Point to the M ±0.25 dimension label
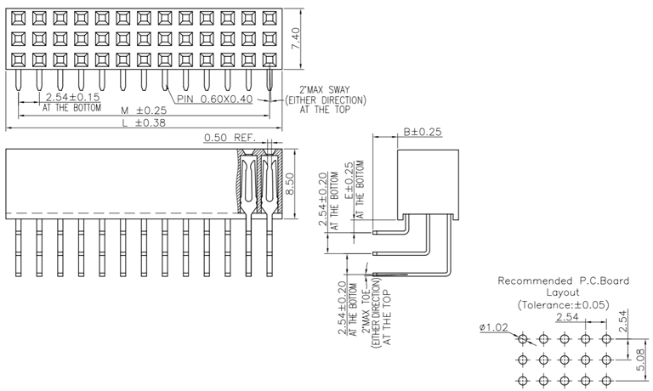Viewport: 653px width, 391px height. [143, 110]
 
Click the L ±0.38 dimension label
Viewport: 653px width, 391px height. [143, 123]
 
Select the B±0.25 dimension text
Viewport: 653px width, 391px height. [423, 133]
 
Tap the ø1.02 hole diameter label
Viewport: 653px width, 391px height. [494, 327]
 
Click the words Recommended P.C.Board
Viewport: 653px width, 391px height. [563, 280]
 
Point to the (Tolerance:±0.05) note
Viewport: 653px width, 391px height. [563, 303]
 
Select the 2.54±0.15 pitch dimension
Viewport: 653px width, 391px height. [72, 98]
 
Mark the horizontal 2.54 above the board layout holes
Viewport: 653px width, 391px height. [568, 317]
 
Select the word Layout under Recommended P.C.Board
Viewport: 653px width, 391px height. [563, 292]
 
